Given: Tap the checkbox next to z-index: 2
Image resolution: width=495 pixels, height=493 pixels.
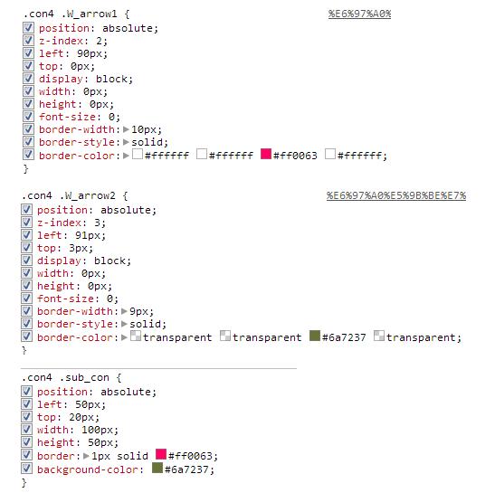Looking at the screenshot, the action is (x=28, y=41).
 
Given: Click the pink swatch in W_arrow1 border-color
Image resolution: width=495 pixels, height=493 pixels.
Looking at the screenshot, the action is (x=266, y=154).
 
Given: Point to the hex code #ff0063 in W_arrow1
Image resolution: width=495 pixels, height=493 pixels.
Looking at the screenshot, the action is (x=295, y=156).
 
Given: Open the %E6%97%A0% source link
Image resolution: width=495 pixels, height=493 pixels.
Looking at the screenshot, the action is (x=359, y=14).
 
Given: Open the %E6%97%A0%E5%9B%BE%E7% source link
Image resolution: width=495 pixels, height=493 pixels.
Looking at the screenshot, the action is (x=396, y=195).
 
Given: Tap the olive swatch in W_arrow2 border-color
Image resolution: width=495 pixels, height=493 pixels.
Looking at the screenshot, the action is (x=315, y=336).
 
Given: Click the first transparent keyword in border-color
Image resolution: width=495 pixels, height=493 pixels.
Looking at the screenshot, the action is (x=177, y=337).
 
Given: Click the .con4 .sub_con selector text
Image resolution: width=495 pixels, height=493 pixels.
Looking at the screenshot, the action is (x=65, y=377).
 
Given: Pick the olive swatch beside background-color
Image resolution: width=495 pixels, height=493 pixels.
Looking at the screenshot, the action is (x=157, y=468).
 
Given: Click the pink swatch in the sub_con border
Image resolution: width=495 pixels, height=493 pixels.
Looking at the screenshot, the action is (x=161, y=454).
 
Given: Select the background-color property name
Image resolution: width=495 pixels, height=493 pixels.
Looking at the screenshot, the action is (x=88, y=469).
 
